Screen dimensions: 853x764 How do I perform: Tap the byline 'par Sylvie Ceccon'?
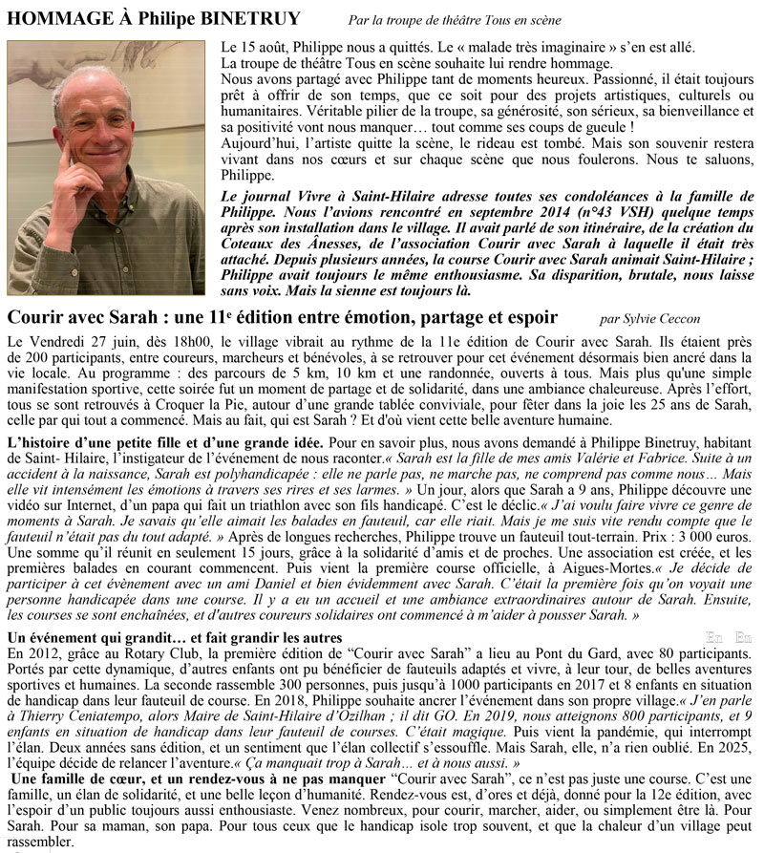654,317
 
